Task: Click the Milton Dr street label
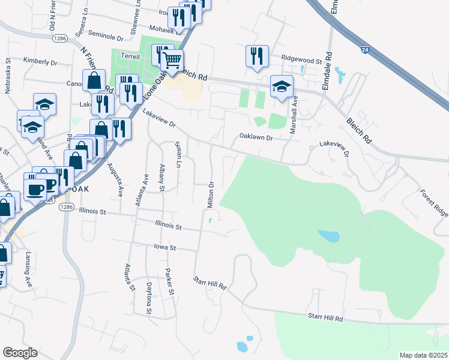(211, 195)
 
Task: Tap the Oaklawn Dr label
(256, 137)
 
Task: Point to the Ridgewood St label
(302, 59)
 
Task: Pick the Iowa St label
(164, 247)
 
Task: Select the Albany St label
(162, 178)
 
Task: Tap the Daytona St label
(149, 298)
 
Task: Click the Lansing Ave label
(28, 268)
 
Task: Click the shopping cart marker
(172, 60)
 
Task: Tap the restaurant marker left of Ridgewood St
(256, 56)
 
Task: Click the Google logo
(20, 353)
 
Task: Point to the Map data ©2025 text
(423, 355)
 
